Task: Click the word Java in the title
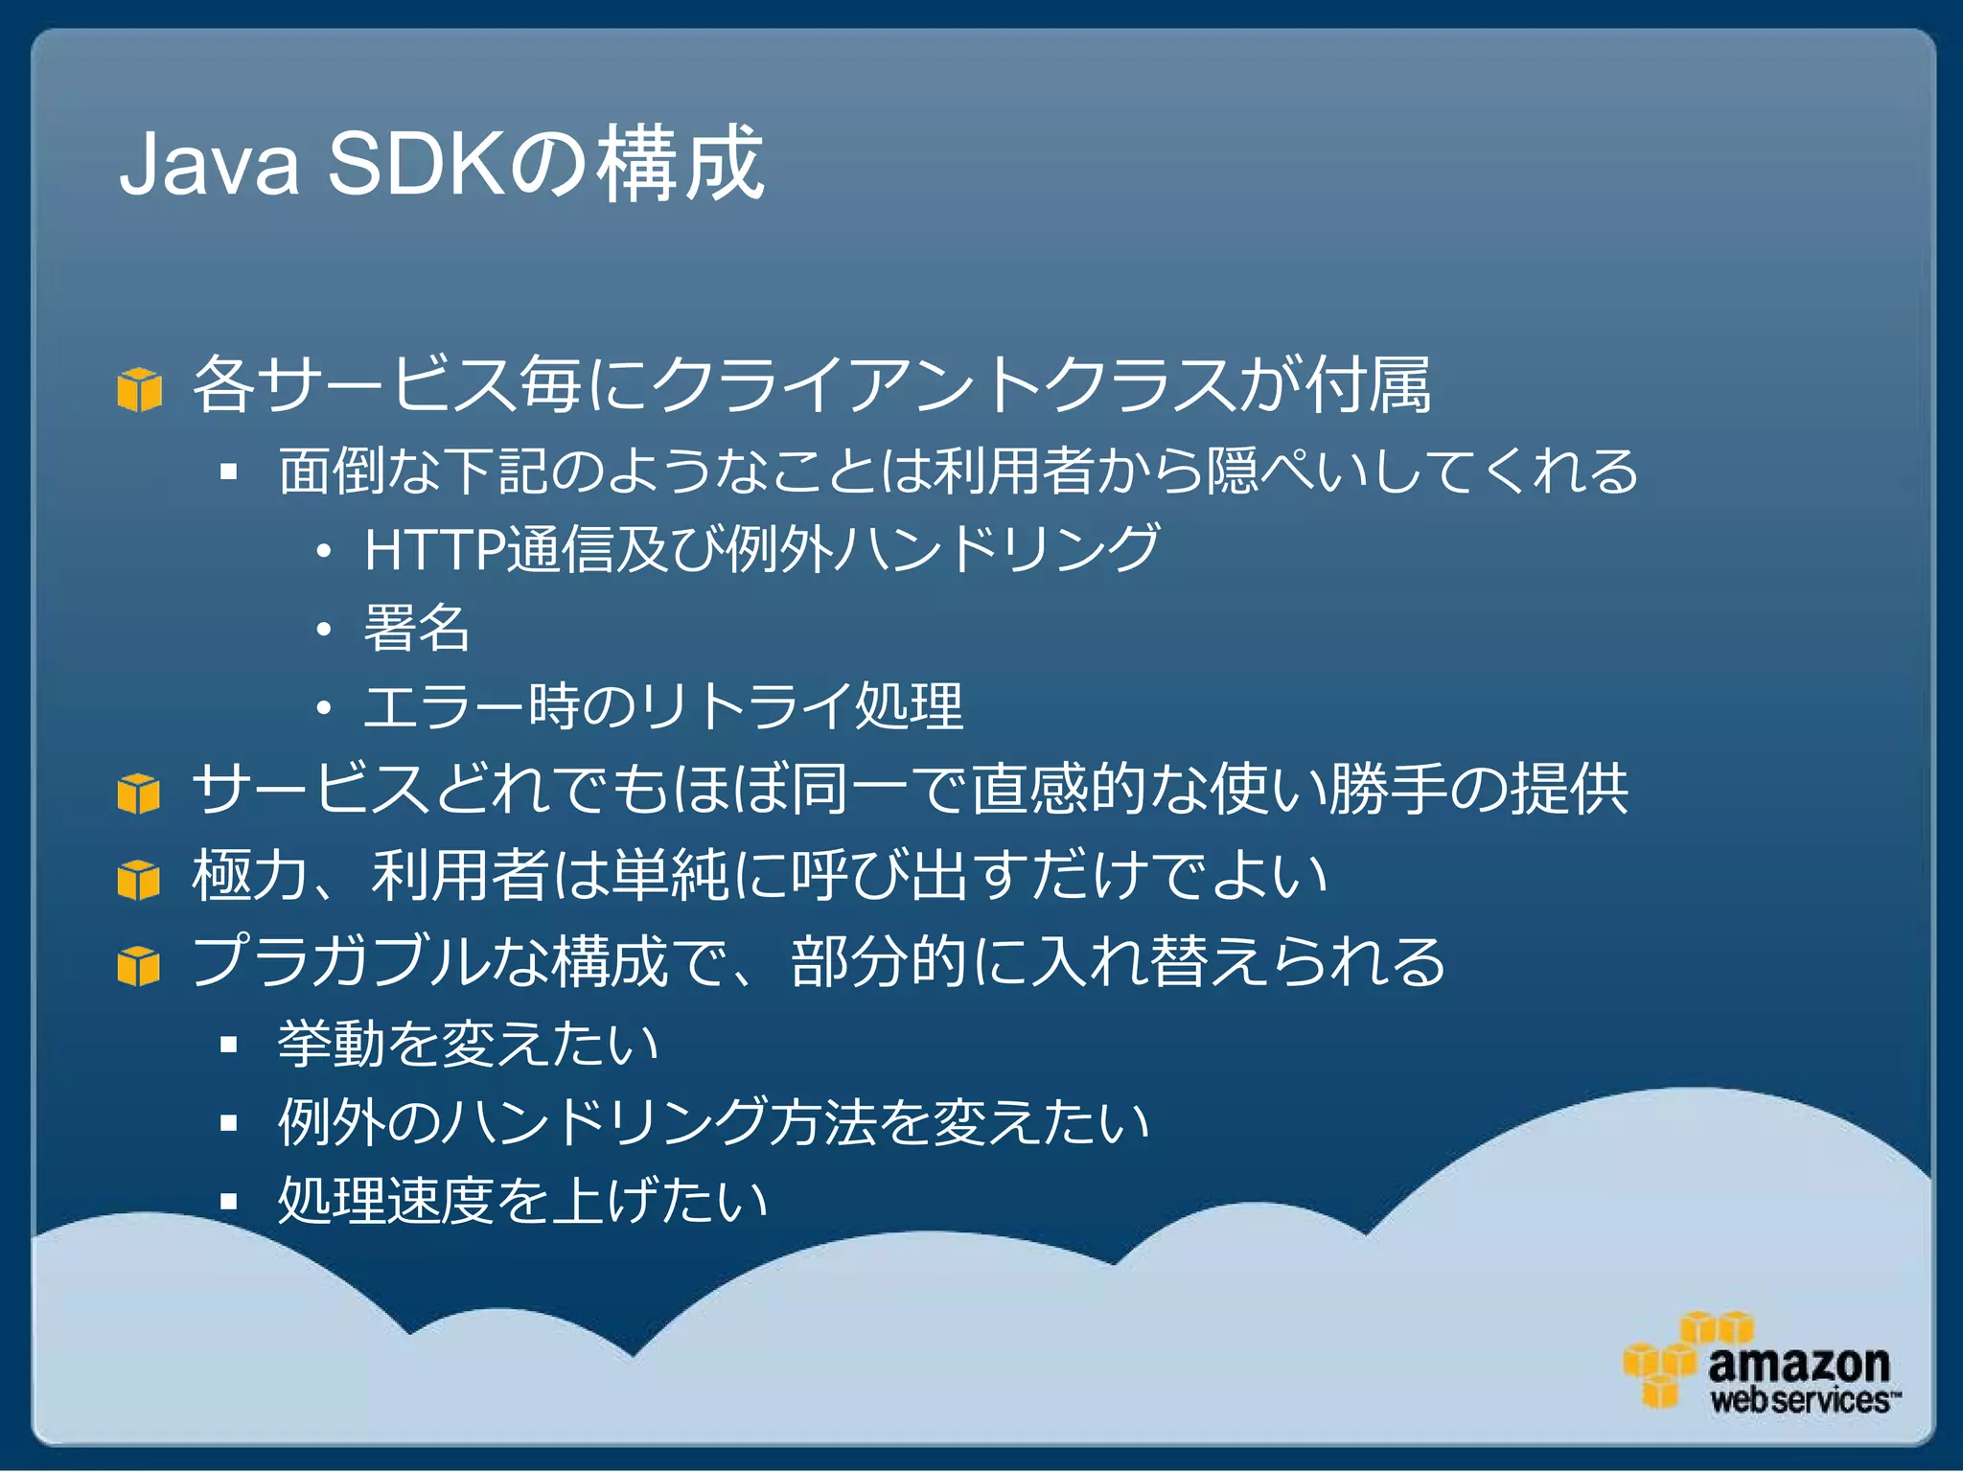[x=209, y=165]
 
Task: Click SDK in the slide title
[x=418, y=165]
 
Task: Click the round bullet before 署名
[x=324, y=631]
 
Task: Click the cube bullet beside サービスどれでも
[x=139, y=794]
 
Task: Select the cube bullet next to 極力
[x=139, y=880]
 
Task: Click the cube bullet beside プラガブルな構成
[x=139, y=966]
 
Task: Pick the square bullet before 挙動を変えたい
[x=228, y=1045]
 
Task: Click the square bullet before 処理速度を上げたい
[x=228, y=1202]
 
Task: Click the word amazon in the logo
[x=1798, y=1364]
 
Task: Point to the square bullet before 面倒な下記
[x=228, y=471]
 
